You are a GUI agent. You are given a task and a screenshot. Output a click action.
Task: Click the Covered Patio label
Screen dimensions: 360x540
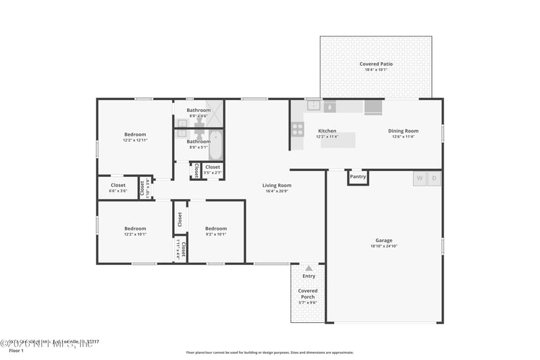(x=376, y=64)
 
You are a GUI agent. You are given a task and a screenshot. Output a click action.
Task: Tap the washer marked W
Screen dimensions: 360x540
(x=419, y=178)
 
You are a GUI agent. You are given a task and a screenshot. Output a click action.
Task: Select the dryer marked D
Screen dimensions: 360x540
(x=435, y=178)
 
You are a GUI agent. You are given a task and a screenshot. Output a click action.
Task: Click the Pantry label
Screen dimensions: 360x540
(x=358, y=177)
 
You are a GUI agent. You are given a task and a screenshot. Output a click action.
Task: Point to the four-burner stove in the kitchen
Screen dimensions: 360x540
(x=297, y=128)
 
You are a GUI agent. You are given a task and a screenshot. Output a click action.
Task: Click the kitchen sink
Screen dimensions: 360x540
(x=314, y=105)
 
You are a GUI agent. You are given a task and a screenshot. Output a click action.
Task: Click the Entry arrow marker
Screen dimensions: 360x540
(x=308, y=268)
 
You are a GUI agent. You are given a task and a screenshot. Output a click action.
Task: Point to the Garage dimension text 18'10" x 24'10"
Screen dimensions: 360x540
(x=383, y=247)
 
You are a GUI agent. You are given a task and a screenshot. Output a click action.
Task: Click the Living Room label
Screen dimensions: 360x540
(x=277, y=185)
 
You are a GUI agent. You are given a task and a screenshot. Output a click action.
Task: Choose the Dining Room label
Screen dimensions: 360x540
(x=403, y=131)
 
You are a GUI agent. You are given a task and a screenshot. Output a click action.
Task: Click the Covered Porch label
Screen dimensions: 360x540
(x=308, y=293)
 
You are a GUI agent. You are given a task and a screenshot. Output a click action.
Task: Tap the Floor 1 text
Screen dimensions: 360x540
(x=16, y=351)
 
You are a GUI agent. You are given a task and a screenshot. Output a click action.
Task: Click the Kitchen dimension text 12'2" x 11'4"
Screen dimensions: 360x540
(x=327, y=136)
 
